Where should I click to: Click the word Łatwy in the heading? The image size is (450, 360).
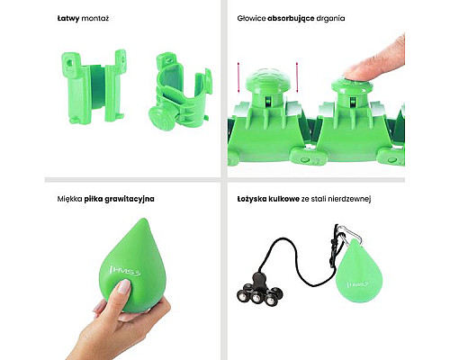(x=68, y=19)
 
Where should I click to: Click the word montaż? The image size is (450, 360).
(x=95, y=19)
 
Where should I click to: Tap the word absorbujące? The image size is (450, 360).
(x=291, y=19)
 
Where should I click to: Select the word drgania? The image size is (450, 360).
(x=330, y=19)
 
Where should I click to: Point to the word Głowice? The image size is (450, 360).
(x=251, y=19)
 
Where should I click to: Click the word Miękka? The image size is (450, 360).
(x=69, y=199)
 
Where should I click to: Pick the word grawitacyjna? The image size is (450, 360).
(x=130, y=199)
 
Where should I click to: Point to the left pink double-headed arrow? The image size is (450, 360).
(x=238, y=77)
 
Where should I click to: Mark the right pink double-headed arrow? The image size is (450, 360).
(x=297, y=77)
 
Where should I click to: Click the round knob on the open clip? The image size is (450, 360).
(x=158, y=117)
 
